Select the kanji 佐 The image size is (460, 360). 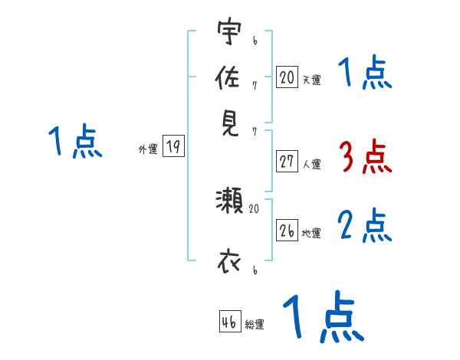pyautogui.click(x=228, y=77)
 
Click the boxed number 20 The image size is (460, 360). pyautogui.click(x=287, y=77)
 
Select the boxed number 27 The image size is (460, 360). pyautogui.click(x=287, y=162)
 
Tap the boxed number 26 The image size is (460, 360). pyautogui.click(x=287, y=231)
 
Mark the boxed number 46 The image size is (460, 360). pyautogui.click(x=229, y=322)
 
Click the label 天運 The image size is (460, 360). pyautogui.click(x=311, y=80)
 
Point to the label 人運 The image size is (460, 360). pyautogui.click(x=311, y=164)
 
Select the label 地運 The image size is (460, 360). pyautogui.click(x=311, y=233)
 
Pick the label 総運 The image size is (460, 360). pyautogui.click(x=255, y=325)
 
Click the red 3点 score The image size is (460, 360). pyautogui.click(x=364, y=158)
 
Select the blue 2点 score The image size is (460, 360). pyautogui.click(x=364, y=226)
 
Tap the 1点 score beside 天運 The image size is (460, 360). pyautogui.click(x=364, y=74)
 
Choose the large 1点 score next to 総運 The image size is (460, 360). pyautogui.click(x=322, y=317)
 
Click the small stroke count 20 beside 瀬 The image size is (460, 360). pyautogui.click(x=255, y=208)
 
